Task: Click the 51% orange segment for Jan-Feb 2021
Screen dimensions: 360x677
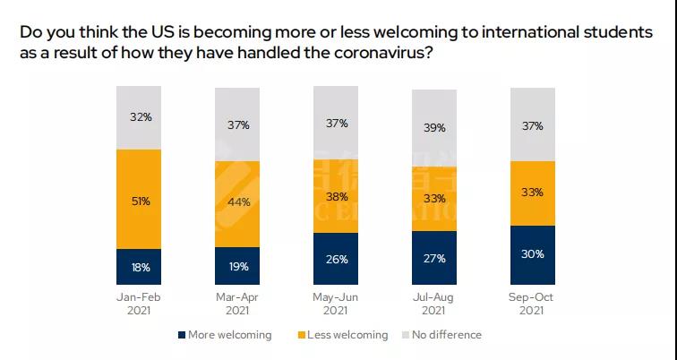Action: (x=139, y=200)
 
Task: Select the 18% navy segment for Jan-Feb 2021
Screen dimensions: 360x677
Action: (x=139, y=267)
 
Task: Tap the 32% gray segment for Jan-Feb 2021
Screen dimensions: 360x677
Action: (x=139, y=118)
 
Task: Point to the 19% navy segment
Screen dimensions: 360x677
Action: (x=237, y=266)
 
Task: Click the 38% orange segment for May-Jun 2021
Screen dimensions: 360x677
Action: (x=336, y=197)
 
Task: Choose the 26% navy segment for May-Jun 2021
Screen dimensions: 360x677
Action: (x=336, y=260)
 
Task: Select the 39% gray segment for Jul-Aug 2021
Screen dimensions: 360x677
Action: (x=434, y=128)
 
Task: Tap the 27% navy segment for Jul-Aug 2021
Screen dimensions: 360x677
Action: (x=434, y=259)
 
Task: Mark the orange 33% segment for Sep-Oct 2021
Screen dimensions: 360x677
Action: (x=533, y=193)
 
